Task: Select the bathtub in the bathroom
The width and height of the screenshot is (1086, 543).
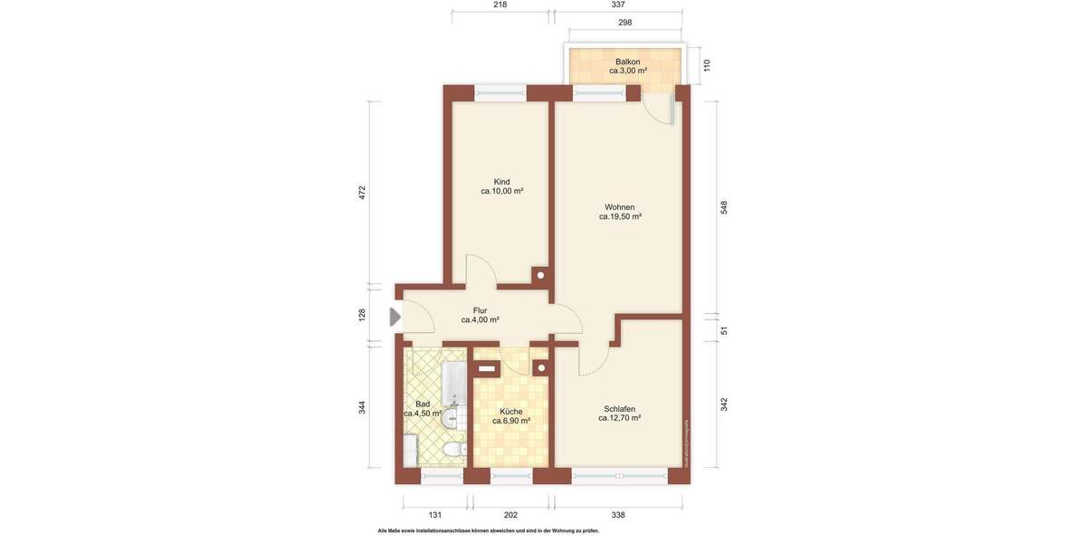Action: tap(452, 384)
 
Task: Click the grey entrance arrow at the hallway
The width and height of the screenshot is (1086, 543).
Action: tap(395, 317)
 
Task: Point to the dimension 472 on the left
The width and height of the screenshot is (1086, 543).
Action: tap(362, 193)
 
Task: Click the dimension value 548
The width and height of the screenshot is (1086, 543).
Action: tap(724, 207)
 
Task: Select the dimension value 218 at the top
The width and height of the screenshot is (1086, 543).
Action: tap(500, 5)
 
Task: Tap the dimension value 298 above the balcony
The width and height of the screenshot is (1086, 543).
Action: tap(624, 23)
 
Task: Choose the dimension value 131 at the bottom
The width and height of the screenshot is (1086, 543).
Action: tap(435, 515)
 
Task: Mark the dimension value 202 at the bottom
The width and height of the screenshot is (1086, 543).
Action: tap(510, 515)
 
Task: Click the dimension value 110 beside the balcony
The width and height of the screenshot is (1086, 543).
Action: tap(707, 65)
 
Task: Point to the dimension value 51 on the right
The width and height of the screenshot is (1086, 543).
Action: tap(724, 330)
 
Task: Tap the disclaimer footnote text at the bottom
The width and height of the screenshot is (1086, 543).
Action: tap(488, 531)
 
